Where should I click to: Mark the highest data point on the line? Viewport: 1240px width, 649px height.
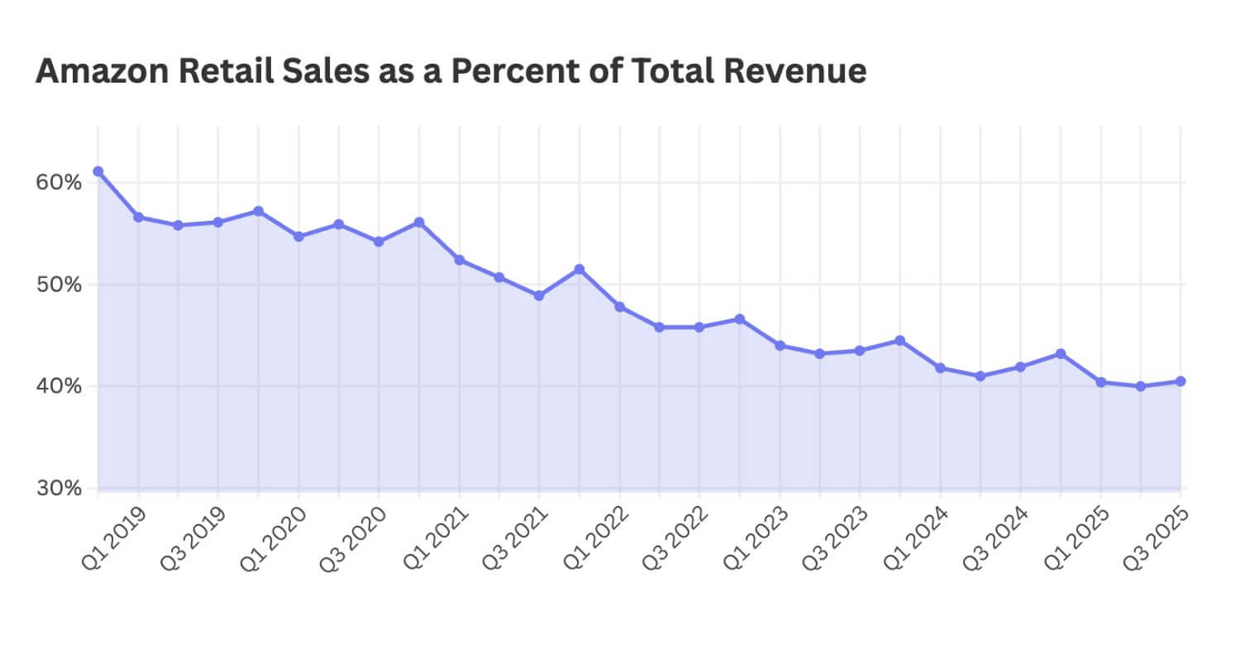(98, 171)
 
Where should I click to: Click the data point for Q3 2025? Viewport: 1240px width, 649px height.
(1180, 381)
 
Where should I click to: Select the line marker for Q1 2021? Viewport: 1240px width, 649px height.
(459, 260)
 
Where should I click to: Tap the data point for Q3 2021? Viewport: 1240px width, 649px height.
(539, 295)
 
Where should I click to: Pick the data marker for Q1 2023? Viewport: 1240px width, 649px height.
(780, 346)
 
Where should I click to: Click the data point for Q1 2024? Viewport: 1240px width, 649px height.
(940, 368)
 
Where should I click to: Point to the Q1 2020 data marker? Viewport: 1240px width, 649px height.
(298, 236)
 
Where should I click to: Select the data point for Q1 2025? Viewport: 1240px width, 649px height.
(1100, 382)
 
